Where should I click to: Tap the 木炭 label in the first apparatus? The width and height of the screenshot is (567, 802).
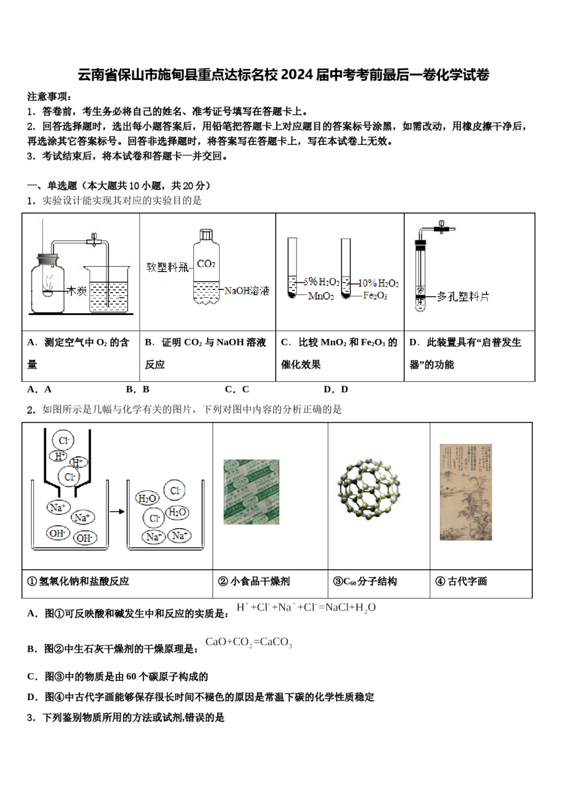pyautogui.click(x=76, y=291)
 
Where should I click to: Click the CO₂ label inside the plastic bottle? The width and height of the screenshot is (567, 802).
pyautogui.click(x=205, y=264)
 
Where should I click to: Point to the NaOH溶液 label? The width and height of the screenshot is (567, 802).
pyautogui.click(x=246, y=291)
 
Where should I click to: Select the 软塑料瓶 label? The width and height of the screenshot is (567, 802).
pyautogui.click(x=168, y=267)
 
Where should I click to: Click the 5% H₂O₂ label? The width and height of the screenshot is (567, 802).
pyautogui.click(x=321, y=282)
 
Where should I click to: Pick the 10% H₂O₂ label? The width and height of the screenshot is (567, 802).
pyautogui.click(x=379, y=283)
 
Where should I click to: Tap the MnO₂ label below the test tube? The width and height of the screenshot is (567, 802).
pyautogui.click(x=321, y=297)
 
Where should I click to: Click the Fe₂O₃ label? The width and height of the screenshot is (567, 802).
pyautogui.click(x=375, y=296)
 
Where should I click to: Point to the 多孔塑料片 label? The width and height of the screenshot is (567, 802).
pyautogui.click(x=463, y=297)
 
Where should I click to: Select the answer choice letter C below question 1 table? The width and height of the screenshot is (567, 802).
pyautogui.click(x=238, y=390)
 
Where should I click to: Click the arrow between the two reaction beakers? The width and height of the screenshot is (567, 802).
pyautogui.click(x=118, y=511)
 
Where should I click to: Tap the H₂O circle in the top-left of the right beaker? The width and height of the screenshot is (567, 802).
pyautogui.click(x=147, y=498)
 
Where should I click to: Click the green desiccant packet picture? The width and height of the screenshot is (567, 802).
pyautogui.click(x=251, y=492)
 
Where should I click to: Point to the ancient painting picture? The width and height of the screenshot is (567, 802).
pyautogui.click(x=466, y=492)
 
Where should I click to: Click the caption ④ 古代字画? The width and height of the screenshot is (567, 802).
pyautogui.click(x=461, y=581)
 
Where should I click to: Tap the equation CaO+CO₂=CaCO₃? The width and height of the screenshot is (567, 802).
pyautogui.click(x=249, y=643)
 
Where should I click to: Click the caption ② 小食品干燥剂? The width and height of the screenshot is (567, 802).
pyautogui.click(x=254, y=581)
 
